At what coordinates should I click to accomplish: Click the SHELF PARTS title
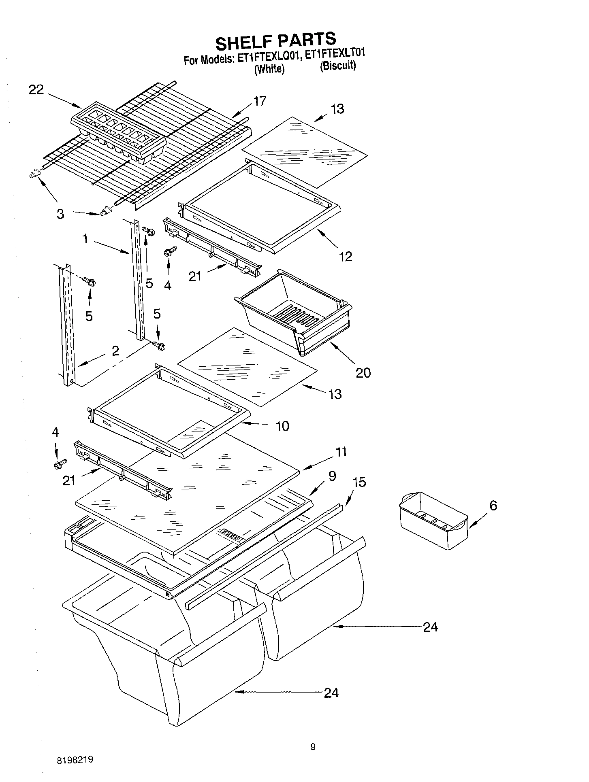275,40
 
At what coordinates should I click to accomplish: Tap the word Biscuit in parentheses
338,66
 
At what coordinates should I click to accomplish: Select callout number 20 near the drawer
363,372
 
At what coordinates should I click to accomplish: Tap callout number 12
346,256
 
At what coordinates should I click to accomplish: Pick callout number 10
282,425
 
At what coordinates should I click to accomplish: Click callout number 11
341,452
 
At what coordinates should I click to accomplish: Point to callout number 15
359,482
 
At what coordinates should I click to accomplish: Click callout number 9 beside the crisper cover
332,476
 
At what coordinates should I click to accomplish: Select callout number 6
493,505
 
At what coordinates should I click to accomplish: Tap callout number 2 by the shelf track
115,351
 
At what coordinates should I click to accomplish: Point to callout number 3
60,214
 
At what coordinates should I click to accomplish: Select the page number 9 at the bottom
313,747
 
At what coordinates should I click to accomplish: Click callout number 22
36,89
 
